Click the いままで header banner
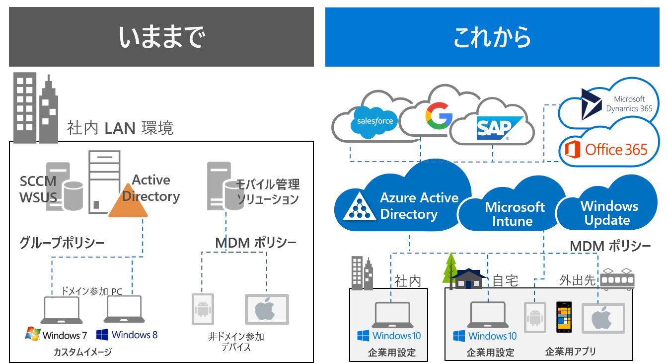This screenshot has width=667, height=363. [x=161, y=37]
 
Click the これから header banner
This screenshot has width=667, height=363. [x=492, y=37]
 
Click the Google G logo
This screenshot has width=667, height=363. [x=439, y=115]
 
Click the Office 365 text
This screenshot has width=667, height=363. [x=616, y=149]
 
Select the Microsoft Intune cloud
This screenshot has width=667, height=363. [x=515, y=214]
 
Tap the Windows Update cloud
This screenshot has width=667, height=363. [x=609, y=213]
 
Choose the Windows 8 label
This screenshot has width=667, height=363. [x=127, y=335]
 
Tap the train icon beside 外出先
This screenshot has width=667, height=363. [x=617, y=280]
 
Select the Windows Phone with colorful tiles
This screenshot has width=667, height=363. [x=564, y=317]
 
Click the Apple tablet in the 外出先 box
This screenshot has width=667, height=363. [x=603, y=318]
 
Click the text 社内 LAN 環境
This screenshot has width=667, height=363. [x=120, y=128]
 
